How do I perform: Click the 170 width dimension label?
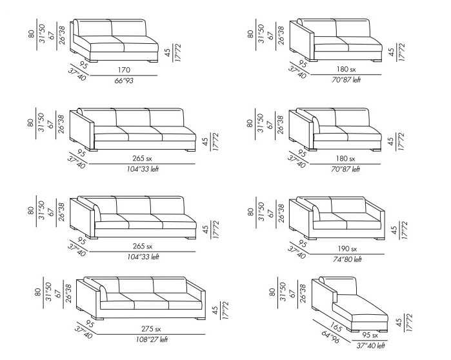(x=124, y=70)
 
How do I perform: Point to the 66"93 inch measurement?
(x=124, y=81)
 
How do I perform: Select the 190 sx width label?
(x=347, y=249)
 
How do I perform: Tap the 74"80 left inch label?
(x=347, y=259)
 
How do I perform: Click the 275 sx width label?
(x=151, y=328)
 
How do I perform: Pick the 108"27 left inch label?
(x=152, y=339)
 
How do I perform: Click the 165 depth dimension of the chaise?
(x=336, y=327)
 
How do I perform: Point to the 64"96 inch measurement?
(x=330, y=337)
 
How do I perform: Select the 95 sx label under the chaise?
(x=370, y=335)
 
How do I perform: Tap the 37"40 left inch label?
(x=371, y=346)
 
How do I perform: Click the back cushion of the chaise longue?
(x=341, y=286)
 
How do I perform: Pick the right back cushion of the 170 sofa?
(x=128, y=28)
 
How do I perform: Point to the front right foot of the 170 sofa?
(x=153, y=61)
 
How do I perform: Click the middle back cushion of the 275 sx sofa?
(x=135, y=285)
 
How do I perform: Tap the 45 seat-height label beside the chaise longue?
(x=399, y=323)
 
